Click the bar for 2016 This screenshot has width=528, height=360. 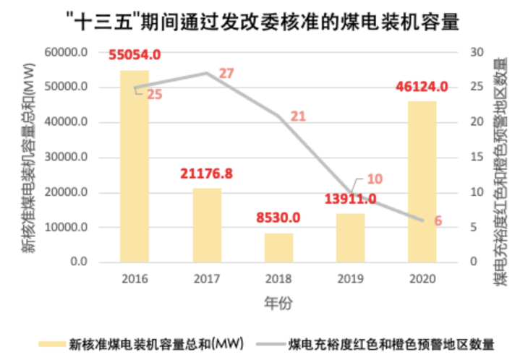coord(134,166)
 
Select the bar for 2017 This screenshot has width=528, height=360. coord(206,225)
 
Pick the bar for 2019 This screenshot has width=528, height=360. coord(351,238)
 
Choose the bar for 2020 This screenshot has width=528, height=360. coord(422,181)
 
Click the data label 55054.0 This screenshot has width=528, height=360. coord(134,55)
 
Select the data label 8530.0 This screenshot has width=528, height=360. coord(278,217)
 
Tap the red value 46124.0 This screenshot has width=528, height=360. coord(422,86)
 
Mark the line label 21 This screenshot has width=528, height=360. coord(298,116)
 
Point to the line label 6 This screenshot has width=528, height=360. coord(438,220)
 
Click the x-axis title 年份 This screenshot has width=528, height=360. coord(278,303)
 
